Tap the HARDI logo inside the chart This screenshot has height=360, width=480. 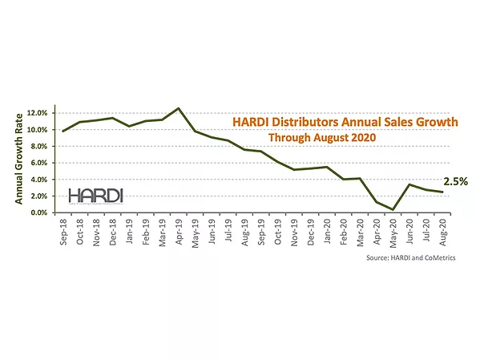(x=95, y=196)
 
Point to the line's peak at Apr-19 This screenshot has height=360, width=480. (x=179, y=108)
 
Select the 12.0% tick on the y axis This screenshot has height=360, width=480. (x=42, y=112)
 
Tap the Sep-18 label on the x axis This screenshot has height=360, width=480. (x=63, y=232)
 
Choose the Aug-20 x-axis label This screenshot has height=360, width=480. (x=441, y=232)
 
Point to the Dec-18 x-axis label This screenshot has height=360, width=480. (x=113, y=232)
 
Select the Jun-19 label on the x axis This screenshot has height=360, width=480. (x=212, y=232)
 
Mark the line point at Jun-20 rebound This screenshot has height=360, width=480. (x=409, y=185)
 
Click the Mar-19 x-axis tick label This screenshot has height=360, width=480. (x=162, y=232)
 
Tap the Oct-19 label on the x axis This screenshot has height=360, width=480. (x=277, y=232)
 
